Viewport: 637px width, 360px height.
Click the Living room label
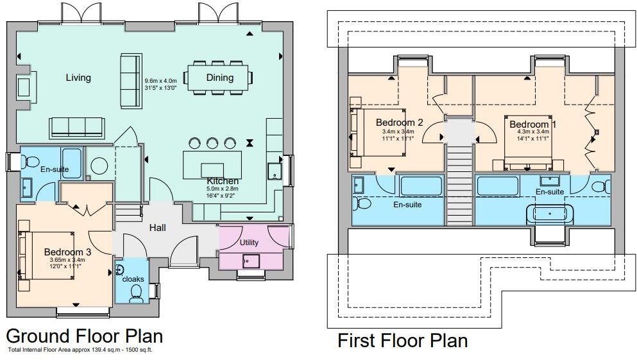coord(78,78)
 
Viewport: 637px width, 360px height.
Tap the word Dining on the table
coord(219,78)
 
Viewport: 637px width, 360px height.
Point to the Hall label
coord(158,227)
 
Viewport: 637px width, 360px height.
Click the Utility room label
coord(249,243)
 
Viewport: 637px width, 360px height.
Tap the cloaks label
coord(133,279)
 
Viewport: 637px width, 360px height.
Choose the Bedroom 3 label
coord(67,252)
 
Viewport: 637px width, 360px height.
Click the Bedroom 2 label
coord(399,123)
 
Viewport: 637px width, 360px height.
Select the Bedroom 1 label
coord(529,124)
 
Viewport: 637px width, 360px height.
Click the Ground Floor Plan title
coord(84,336)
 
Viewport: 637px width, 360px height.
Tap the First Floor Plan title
coord(402,340)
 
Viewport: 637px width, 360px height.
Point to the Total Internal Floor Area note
coord(80,350)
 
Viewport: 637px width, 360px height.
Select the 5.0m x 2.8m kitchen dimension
coord(222,189)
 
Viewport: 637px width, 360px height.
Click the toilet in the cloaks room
coord(136,292)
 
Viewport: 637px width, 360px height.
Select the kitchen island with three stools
coord(212,164)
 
